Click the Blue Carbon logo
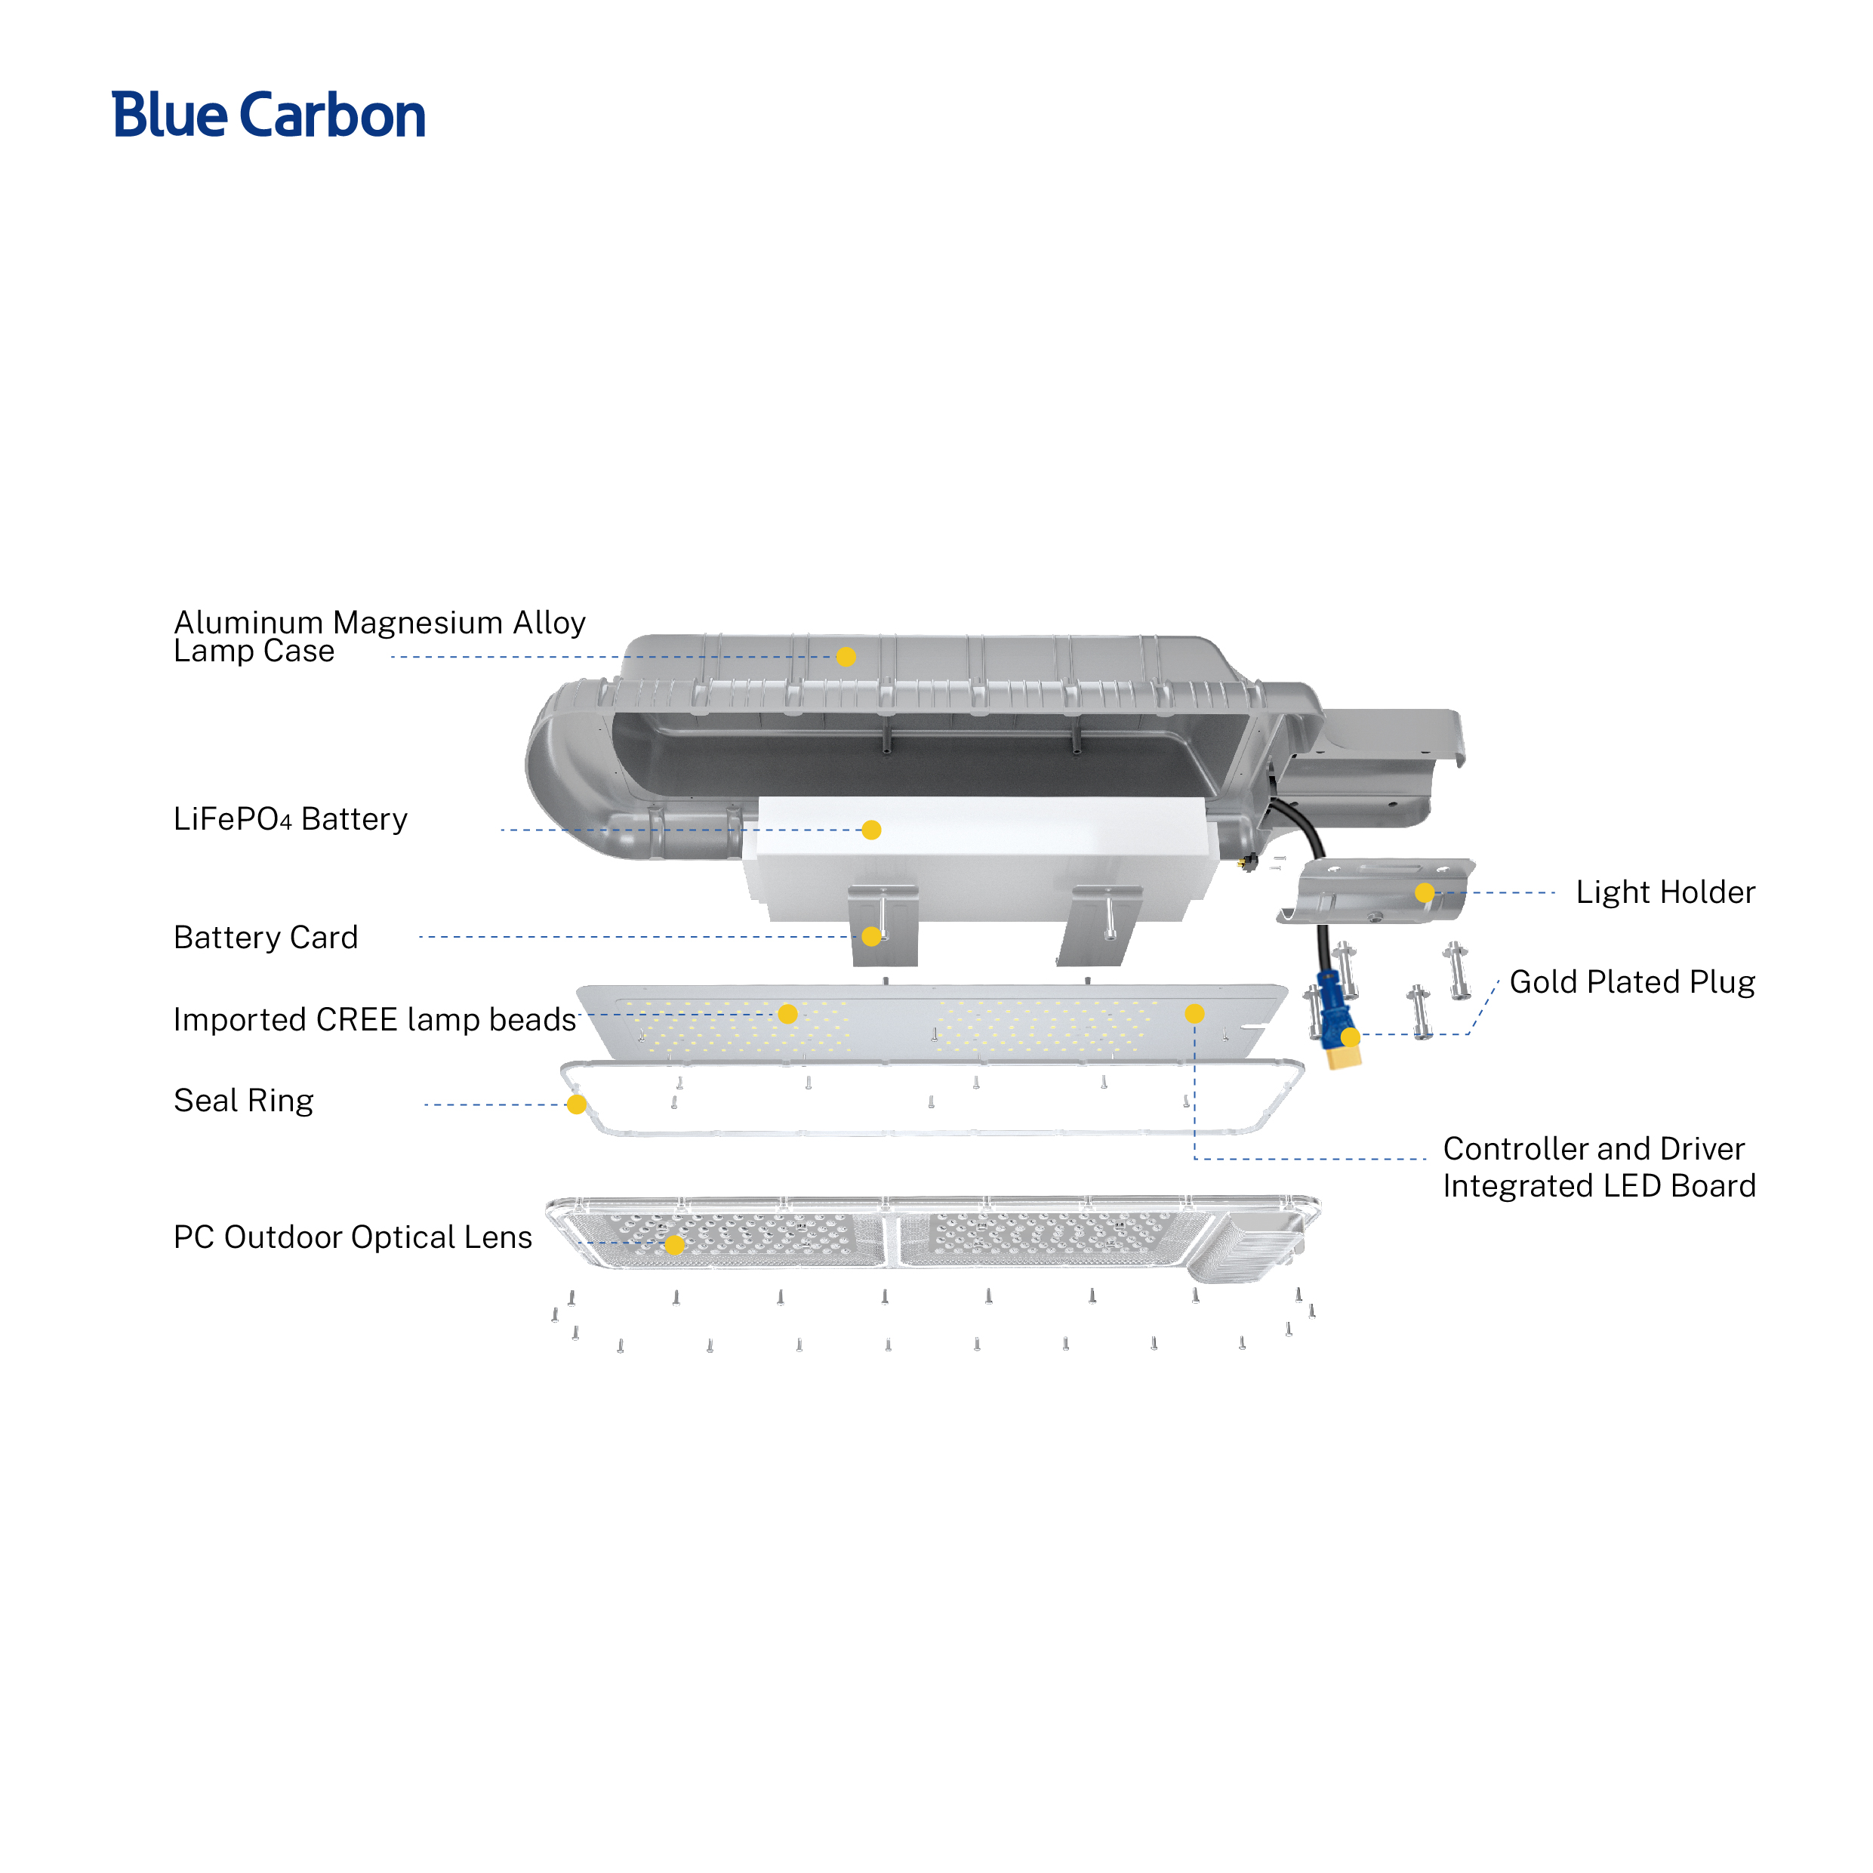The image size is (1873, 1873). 269,116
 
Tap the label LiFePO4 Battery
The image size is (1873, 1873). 290,819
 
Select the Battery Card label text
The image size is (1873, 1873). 266,938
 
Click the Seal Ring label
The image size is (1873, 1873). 243,1101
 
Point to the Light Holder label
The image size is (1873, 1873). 1665,892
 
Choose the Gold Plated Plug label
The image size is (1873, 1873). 1631,982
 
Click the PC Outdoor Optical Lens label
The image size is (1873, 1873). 352,1237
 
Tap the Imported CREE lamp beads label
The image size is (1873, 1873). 374,1020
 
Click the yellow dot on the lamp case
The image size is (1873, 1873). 846,658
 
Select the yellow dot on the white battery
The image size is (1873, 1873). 871,830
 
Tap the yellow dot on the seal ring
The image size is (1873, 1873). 577,1105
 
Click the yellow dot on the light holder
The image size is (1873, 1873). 1424,893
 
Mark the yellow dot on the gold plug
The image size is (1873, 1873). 1351,1037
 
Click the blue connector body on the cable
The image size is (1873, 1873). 1334,1009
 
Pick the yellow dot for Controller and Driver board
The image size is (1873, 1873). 1194,1013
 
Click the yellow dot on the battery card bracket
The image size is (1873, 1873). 871,936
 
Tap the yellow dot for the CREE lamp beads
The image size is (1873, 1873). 788,1014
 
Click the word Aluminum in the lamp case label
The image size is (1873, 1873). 248,622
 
